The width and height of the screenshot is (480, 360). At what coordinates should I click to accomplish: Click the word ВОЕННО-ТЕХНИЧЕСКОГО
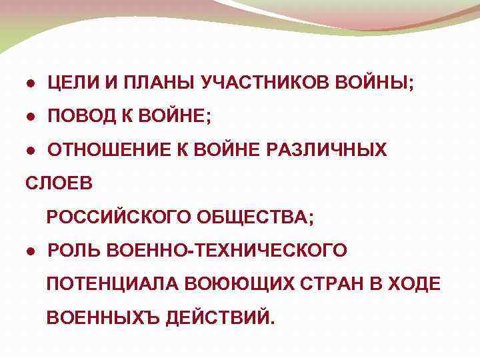click(226, 250)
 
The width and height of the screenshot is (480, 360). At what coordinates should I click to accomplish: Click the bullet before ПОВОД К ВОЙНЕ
click(31, 117)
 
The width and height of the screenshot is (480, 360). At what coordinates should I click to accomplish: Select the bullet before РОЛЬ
click(31, 250)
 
